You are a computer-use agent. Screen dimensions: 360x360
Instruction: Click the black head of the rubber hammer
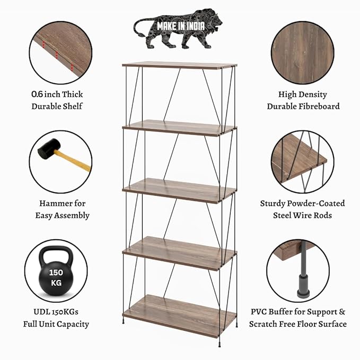pos(49,148)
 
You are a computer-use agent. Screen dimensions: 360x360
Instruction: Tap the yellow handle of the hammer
pos(73,161)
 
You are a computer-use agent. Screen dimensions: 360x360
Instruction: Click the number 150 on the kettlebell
pos(56,273)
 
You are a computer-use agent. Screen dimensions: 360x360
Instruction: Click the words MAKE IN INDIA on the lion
pos(181,26)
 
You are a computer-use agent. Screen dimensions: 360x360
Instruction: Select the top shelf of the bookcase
pos(180,65)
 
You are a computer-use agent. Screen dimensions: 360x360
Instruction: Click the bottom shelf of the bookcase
pos(180,315)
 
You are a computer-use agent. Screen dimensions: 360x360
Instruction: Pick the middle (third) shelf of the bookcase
pos(180,190)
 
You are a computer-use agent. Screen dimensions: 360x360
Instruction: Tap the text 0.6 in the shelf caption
pos(37,94)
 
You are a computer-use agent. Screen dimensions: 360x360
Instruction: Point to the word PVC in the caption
pos(259,312)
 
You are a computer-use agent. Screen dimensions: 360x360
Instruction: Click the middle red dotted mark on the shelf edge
pos(57,55)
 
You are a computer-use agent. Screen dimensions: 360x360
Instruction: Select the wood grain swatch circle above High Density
pos(303,53)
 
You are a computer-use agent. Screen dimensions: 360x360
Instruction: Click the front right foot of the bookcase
pos(219,345)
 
